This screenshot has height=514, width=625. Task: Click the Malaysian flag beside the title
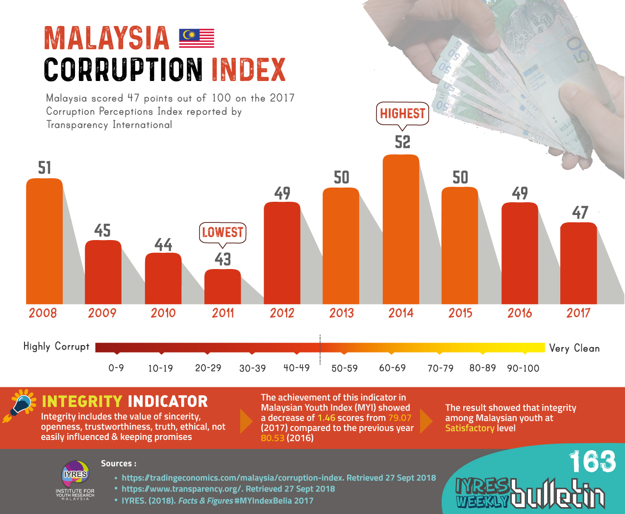(197, 38)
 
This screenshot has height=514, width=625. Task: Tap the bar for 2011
(223, 287)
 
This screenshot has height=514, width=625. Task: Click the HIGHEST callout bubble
(402, 113)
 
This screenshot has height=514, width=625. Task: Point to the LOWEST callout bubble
(223, 232)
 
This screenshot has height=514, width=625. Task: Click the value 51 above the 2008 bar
(45, 168)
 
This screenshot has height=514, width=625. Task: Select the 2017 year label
(578, 313)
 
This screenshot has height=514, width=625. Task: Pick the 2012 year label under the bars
(282, 313)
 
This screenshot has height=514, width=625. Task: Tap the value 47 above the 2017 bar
(580, 213)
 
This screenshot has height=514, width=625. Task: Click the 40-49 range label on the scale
(297, 368)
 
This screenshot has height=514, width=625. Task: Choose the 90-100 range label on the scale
(523, 368)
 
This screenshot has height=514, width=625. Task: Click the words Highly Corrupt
(56, 347)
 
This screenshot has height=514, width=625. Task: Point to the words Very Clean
(575, 348)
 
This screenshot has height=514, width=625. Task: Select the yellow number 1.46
(326, 418)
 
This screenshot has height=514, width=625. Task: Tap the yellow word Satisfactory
(470, 428)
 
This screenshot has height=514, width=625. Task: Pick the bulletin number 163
(592, 461)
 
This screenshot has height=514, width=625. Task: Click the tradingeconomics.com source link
(278, 478)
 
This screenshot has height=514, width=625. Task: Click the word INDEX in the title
(249, 70)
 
